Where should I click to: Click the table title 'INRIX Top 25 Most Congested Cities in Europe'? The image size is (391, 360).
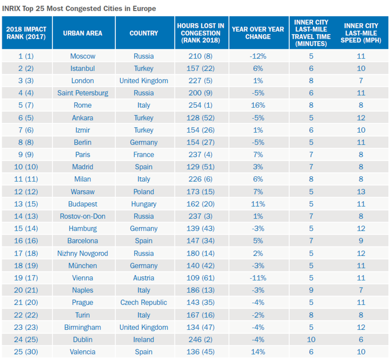pos(79,8)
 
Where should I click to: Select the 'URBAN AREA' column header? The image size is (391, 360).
pos(82,33)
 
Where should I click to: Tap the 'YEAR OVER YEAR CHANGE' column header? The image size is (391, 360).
pos(258,33)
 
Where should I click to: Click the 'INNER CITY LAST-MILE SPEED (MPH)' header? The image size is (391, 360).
pos(361,33)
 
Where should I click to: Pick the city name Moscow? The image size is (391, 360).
pos(82,56)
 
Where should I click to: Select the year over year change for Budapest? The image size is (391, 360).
pos(258,204)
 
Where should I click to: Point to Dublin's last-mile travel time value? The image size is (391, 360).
pos(311,340)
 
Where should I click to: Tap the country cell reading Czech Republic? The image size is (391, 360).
pos(144,303)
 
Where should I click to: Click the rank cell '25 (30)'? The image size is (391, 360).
pos(26,352)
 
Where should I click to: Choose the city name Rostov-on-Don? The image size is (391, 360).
pos(82,216)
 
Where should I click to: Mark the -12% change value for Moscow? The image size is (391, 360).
pos(258,56)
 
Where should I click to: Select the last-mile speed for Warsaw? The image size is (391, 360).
pos(361,192)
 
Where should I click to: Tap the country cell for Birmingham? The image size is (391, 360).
pos(144,328)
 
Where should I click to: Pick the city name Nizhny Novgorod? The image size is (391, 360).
pos(82,253)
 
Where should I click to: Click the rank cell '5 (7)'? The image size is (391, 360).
pos(26,105)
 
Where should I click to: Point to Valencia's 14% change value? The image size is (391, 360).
pos(258,352)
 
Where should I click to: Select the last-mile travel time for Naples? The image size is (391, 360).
pos(311,290)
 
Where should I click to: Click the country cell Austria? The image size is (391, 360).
pos(144,278)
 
